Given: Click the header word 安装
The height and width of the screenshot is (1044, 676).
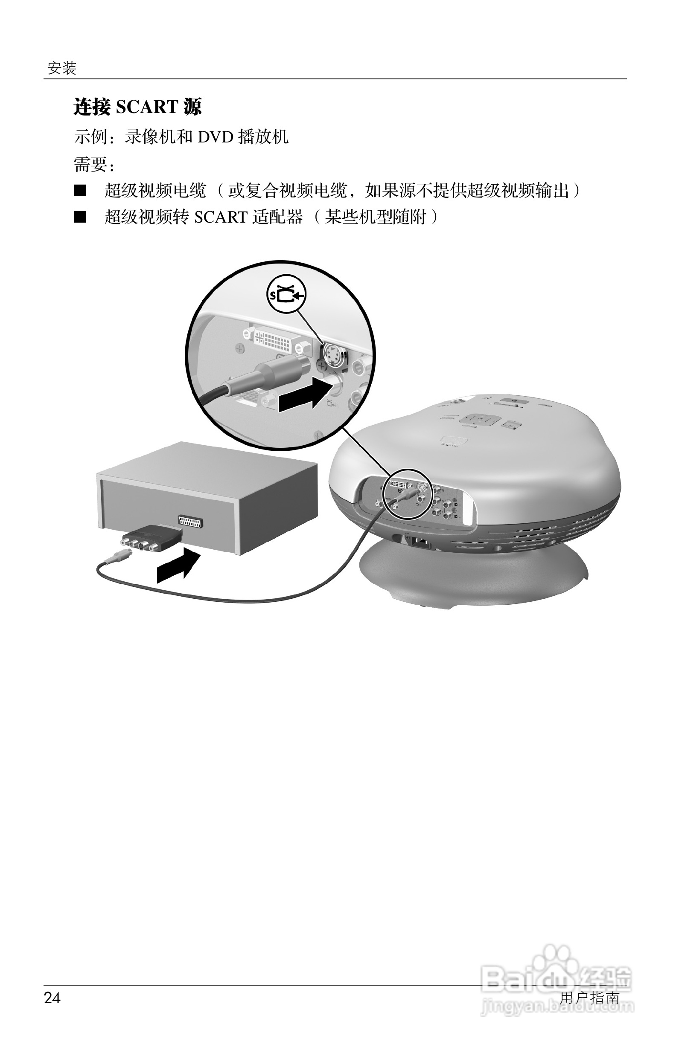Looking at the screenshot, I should coord(62,68).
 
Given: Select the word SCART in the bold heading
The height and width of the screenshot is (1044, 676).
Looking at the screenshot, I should coord(147,107).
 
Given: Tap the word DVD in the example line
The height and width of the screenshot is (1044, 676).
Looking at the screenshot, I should coord(216,137).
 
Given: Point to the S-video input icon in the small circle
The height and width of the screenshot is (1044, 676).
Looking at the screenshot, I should coord(287,294).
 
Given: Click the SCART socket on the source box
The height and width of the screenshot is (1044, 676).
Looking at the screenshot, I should coord(193,521).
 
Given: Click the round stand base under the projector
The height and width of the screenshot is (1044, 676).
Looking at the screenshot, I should coord(474,574).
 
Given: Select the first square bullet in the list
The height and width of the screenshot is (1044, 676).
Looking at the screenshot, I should coord(80,191).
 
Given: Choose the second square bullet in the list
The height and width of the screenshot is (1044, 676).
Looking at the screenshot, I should coord(80,217).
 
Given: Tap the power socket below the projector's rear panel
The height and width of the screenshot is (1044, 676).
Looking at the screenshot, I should coord(420,542).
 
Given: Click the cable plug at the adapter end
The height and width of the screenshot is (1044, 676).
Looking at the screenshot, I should coord(117,557).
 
